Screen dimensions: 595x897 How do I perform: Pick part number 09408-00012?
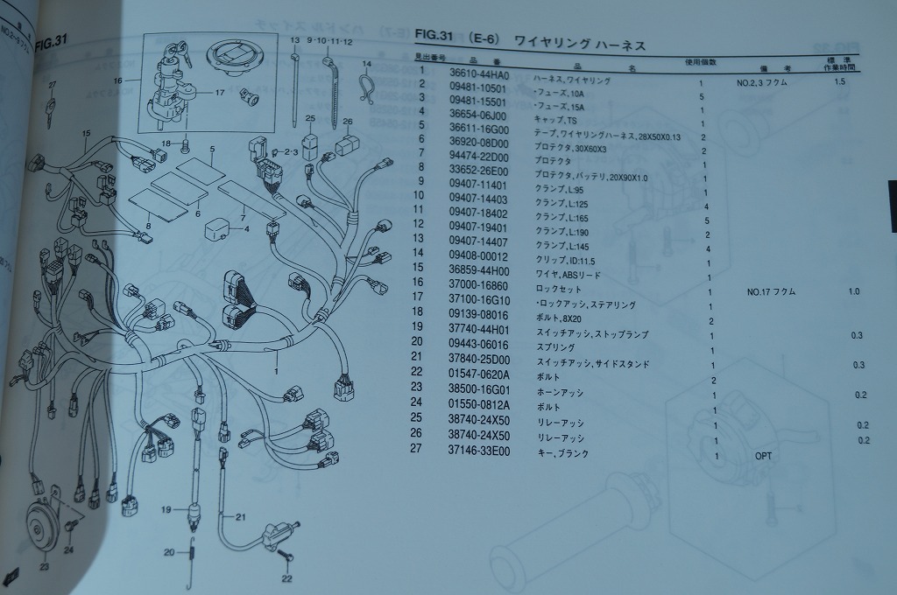pyautogui.click(x=477, y=258)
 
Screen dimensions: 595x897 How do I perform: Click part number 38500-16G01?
pyautogui.click(x=478, y=393)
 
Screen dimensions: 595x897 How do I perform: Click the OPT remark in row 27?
pyautogui.click(x=764, y=456)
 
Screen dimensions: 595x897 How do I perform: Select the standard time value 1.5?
pyautogui.click(x=840, y=81)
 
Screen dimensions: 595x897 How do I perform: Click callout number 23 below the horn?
pyautogui.click(x=44, y=566)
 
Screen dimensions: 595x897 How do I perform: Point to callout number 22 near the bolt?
pyautogui.click(x=286, y=579)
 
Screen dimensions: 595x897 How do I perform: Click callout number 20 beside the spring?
pyautogui.click(x=169, y=551)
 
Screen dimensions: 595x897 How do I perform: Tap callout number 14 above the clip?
pyautogui.click(x=366, y=64)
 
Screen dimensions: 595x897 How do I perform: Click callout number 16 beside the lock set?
pyautogui.click(x=117, y=80)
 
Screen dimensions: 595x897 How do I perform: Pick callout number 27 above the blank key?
pyautogui.click(x=52, y=85)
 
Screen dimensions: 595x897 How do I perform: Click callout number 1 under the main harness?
pyautogui.click(x=278, y=371)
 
